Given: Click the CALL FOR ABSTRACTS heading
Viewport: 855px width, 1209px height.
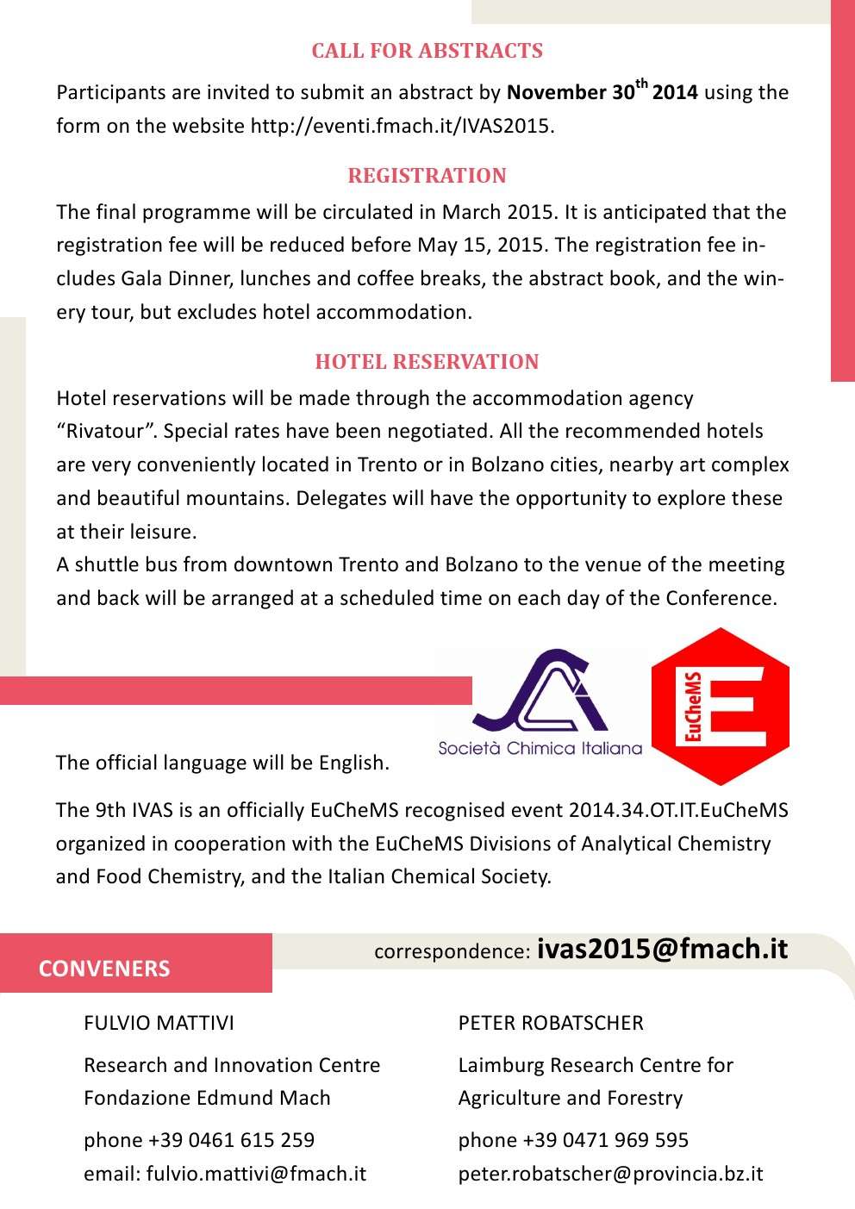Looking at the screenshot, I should click(x=427, y=51).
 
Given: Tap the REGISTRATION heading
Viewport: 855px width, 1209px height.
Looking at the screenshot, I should click(x=427, y=176).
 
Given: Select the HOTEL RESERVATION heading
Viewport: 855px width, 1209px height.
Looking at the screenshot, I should click(x=427, y=362).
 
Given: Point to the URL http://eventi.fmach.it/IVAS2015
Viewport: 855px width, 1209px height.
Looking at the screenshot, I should click(x=400, y=126).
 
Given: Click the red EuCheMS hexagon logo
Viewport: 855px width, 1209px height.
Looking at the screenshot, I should click(x=720, y=707).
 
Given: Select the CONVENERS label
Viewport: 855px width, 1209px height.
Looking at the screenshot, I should click(x=104, y=969).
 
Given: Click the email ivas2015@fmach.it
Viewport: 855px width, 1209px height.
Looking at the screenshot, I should click(x=662, y=949).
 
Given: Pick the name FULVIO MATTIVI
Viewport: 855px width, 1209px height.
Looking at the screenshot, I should click(x=159, y=1023).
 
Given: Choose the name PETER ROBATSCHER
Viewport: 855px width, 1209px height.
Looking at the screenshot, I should click(x=551, y=1023).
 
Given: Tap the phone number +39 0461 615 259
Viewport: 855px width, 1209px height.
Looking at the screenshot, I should click(x=231, y=1140).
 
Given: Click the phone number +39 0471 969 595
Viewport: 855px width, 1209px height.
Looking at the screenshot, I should click(x=605, y=1140).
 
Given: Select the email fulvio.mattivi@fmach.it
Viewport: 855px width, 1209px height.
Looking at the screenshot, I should click(x=256, y=1174).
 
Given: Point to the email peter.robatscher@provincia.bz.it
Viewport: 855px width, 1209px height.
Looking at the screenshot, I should click(x=610, y=1174).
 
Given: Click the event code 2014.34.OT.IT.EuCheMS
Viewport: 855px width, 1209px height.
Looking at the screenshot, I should click(x=677, y=810).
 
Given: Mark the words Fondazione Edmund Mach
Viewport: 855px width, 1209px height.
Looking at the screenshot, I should click(x=207, y=1098).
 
